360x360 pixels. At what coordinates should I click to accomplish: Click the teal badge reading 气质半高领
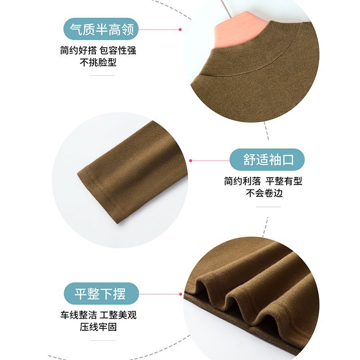pos(101,29)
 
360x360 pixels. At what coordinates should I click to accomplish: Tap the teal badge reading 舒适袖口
pos(267,160)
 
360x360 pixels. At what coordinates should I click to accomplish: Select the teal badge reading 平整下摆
pos(101,294)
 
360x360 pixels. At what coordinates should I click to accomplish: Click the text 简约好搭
pos(78,50)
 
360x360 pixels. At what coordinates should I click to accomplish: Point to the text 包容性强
pos(118,50)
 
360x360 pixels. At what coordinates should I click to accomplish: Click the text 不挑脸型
pos(98,62)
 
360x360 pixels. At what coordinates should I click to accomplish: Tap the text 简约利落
pos(243,181)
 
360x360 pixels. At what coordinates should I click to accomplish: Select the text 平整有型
pos(284,181)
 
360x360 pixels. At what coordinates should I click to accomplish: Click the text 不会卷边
pos(264,193)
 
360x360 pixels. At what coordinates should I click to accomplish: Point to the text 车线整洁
pos(78,315)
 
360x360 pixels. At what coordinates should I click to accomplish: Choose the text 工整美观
pos(118,315)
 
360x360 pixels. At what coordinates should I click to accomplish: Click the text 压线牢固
pos(98,327)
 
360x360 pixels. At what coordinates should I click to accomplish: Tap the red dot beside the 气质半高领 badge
pos(180,30)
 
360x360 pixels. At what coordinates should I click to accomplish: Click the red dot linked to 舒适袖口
pos(190,161)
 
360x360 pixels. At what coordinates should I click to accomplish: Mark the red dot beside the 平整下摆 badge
pos(180,294)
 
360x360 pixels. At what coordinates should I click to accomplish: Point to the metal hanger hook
pos(226,7)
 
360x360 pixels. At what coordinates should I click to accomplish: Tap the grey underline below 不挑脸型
pos(102,75)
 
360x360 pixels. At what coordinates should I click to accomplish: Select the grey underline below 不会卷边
pos(268,207)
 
